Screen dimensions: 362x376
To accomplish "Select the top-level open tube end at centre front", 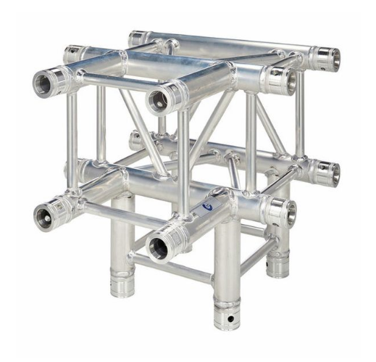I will (x=162, y=97).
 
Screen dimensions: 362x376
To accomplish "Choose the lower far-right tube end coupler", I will (x=327, y=173).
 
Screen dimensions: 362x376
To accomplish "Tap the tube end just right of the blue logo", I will (x=280, y=210).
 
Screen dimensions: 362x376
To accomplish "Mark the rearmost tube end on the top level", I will (x=138, y=38).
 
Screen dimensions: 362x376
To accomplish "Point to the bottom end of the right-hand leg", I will (x=277, y=266).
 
